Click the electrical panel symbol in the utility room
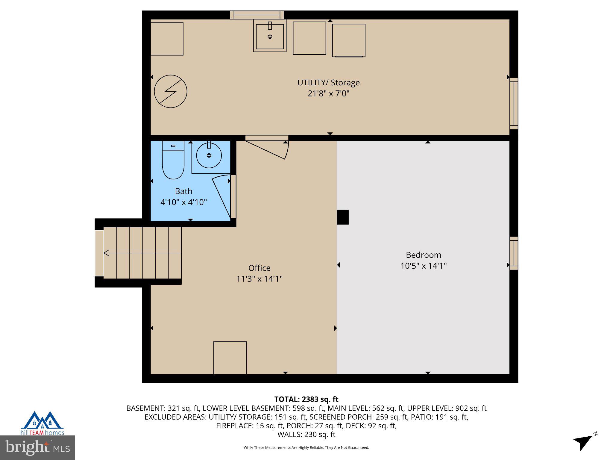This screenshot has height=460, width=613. (x=171, y=91)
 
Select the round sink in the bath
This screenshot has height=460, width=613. (x=209, y=155)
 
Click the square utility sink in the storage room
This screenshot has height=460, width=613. (x=270, y=36)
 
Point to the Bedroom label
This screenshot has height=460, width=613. (x=423, y=255)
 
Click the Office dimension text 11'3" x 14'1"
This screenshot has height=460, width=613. (x=259, y=279)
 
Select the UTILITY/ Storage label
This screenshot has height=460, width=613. (x=328, y=83)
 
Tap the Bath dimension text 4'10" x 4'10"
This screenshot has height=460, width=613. (x=183, y=202)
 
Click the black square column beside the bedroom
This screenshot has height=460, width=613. (x=342, y=217)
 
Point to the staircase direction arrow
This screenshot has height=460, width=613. (x=107, y=253)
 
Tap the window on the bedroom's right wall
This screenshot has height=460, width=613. (x=514, y=253)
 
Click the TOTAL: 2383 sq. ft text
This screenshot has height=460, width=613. (x=306, y=399)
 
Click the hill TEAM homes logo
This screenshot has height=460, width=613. (x=42, y=423)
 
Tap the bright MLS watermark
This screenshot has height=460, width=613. (x=37, y=447)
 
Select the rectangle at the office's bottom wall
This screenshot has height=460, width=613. (x=230, y=358)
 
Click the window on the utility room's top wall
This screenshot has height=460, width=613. (x=257, y=15)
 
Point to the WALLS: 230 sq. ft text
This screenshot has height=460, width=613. (x=306, y=434)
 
